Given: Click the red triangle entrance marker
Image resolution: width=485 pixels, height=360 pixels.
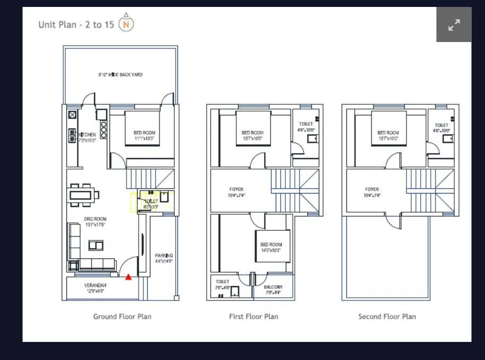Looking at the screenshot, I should coord(129,277).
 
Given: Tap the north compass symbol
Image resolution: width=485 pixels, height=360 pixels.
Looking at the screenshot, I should coord(126,24).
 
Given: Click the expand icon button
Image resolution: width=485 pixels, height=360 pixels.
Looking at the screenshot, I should coord(454,24).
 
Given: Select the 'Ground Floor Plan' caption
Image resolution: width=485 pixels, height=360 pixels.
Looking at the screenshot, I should coord(122,316).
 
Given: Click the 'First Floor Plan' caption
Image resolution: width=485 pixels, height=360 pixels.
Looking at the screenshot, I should coord(253,316).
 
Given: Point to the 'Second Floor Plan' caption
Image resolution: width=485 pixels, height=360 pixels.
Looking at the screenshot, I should coord(387,316).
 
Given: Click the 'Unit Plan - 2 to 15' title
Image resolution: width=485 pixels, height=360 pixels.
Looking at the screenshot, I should coord(76,24).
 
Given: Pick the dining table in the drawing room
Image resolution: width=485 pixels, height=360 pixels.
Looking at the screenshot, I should coord(84,194).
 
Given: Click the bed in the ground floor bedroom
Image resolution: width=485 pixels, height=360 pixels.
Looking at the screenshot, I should coord(142,128).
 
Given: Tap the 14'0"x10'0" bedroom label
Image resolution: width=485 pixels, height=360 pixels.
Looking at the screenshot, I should coord(271,247).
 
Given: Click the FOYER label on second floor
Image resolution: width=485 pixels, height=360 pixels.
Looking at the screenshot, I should coord(372,192).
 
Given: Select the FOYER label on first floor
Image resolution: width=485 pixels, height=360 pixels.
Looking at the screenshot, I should coord(236,192).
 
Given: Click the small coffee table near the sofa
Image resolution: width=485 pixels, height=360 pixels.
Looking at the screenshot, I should coord(96,245).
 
